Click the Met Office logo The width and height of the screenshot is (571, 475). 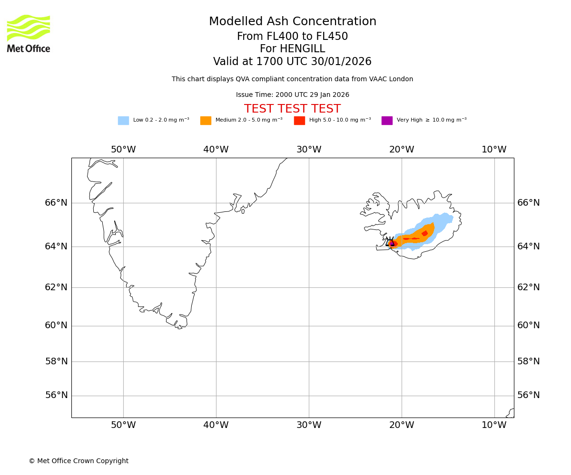(x=29, y=33)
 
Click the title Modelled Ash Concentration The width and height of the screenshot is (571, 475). (x=292, y=22)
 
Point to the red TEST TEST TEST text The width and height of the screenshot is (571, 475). (x=292, y=109)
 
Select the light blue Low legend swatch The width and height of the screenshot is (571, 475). (x=123, y=121)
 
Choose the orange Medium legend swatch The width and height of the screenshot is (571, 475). (x=206, y=121)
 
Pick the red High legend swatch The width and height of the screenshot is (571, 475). (x=299, y=121)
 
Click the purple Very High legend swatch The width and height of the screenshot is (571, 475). (x=387, y=121)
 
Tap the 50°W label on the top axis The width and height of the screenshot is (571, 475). (x=123, y=150)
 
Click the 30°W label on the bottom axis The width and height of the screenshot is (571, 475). (x=309, y=425)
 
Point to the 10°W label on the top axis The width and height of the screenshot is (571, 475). (x=494, y=150)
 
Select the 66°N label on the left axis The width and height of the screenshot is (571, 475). (x=56, y=203)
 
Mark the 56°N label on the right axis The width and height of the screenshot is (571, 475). (x=529, y=395)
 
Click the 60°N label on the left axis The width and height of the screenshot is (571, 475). (x=56, y=325)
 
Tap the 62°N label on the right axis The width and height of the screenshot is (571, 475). (x=529, y=287)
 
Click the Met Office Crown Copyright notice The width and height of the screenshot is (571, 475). (x=79, y=461)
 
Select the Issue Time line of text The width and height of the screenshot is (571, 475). (x=292, y=95)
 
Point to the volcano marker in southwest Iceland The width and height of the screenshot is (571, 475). (x=391, y=242)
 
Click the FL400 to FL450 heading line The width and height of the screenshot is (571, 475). (x=292, y=37)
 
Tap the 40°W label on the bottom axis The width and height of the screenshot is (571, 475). (x=216, y=425)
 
